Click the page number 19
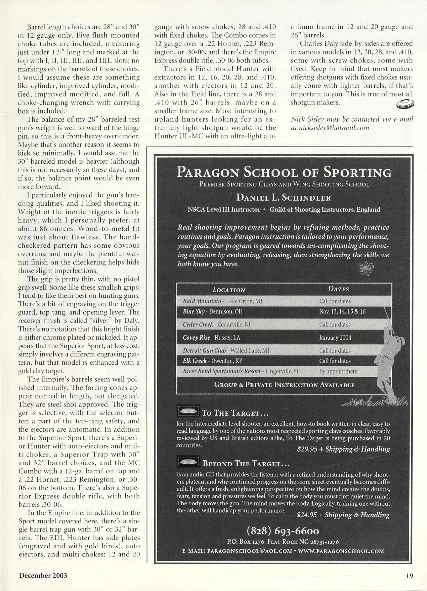[409, 576]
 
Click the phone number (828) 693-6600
[283, 531]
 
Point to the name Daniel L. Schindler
[284, 197]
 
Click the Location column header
[229, 290]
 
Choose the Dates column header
[338, 289]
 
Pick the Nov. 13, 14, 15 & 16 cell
[342, 312]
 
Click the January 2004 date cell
[335, 338]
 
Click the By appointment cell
[338, 371]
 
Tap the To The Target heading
[234, 413]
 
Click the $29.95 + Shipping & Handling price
[343, 449]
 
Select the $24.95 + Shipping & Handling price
[343, 515]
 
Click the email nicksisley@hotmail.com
[330, 128]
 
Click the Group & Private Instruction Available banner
[284, 385]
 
